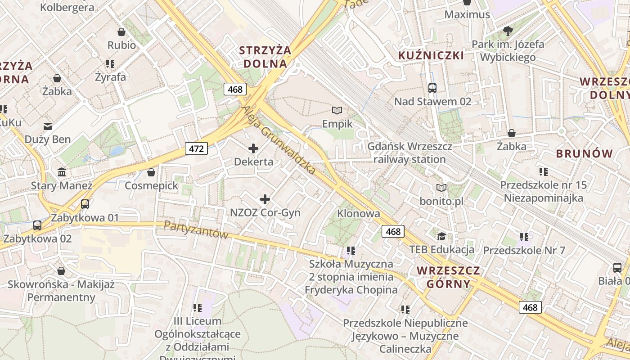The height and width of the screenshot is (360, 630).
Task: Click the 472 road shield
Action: tap(196, 148)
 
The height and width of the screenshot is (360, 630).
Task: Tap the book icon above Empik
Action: tap(337, 110)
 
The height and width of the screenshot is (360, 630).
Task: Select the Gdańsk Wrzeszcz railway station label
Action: tap(409, 153)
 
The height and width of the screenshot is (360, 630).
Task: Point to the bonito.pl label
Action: tap(441, 201)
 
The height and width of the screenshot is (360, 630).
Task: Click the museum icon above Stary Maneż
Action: tap(62, 172)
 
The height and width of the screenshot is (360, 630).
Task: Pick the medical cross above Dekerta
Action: tap(253, 148)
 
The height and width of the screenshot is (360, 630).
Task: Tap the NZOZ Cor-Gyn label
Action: tap(265, 212)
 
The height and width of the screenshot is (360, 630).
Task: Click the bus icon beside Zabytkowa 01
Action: tap(85, 204)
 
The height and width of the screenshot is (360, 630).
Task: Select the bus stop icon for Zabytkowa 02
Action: tap(37, 225)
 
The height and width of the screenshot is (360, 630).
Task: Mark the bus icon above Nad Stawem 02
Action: tap(432, 88)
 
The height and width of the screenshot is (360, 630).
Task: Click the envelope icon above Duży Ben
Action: tap(48, 126)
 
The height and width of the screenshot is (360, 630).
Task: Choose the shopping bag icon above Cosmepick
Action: tap(151, 172)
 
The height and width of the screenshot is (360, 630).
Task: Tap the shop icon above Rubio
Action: tap(121, 32)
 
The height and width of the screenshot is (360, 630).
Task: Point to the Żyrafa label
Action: tap(110, 77)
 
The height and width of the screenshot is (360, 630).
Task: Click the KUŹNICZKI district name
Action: tap(431, 55)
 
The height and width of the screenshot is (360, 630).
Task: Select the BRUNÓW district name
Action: tap(585, 153)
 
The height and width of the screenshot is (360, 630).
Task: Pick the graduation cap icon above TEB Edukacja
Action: tap(441, 236)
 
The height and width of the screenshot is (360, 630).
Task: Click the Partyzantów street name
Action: tap(196, 229)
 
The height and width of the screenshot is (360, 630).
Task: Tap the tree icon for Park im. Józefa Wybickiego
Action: tap(508, 31)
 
